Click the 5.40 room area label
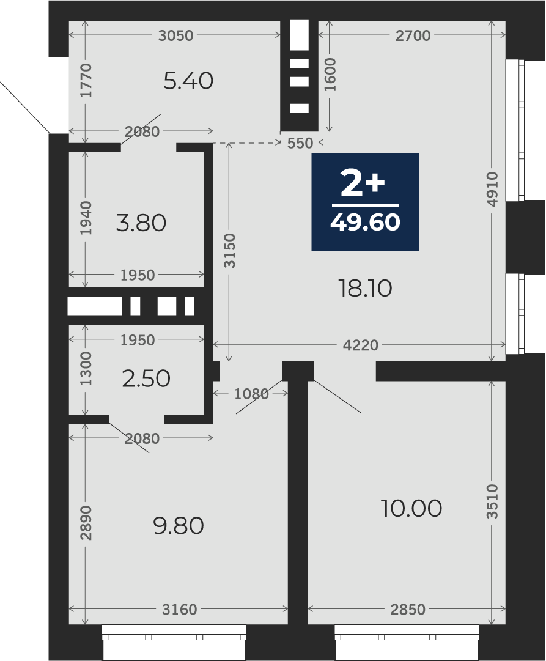pyautogui.click(x=188, y=81)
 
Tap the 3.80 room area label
pyautogui.click(x=141, y=223)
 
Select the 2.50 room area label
pyautogui.click(x=146, y=378)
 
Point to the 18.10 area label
pyautogui.click(x=366, y=289)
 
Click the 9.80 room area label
pyautogui.click(x=179, y=526)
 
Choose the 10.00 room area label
pyautogui.click(x=411, y=508)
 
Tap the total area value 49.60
pyautogui.click(x=365, y=222)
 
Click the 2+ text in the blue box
pyautogui.click(x=363, y=184)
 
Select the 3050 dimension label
pyautogui.click(x=176, y=36)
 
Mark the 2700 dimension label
pyautogui.click(x=413, y=36)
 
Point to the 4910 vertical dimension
pyautogui.click(x=492, y=189)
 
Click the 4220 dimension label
pyautogui.click(x=361, y=345)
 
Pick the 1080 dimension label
pyautogui.click(x=251, y=394)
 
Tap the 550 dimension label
pyautogui.click(x=300, y=143)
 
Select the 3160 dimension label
pyautogui.click(x=180, y=609)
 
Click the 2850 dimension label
pyautogui.click(x=408, y=609)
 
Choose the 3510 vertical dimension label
pyautogui.click(x=492, y=501)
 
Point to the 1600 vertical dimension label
pyautogui.click(x=330, y=75)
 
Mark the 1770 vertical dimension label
pyautogui.click(x=86, y=80)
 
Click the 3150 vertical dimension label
pyautogui.click(x=229, y=251)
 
